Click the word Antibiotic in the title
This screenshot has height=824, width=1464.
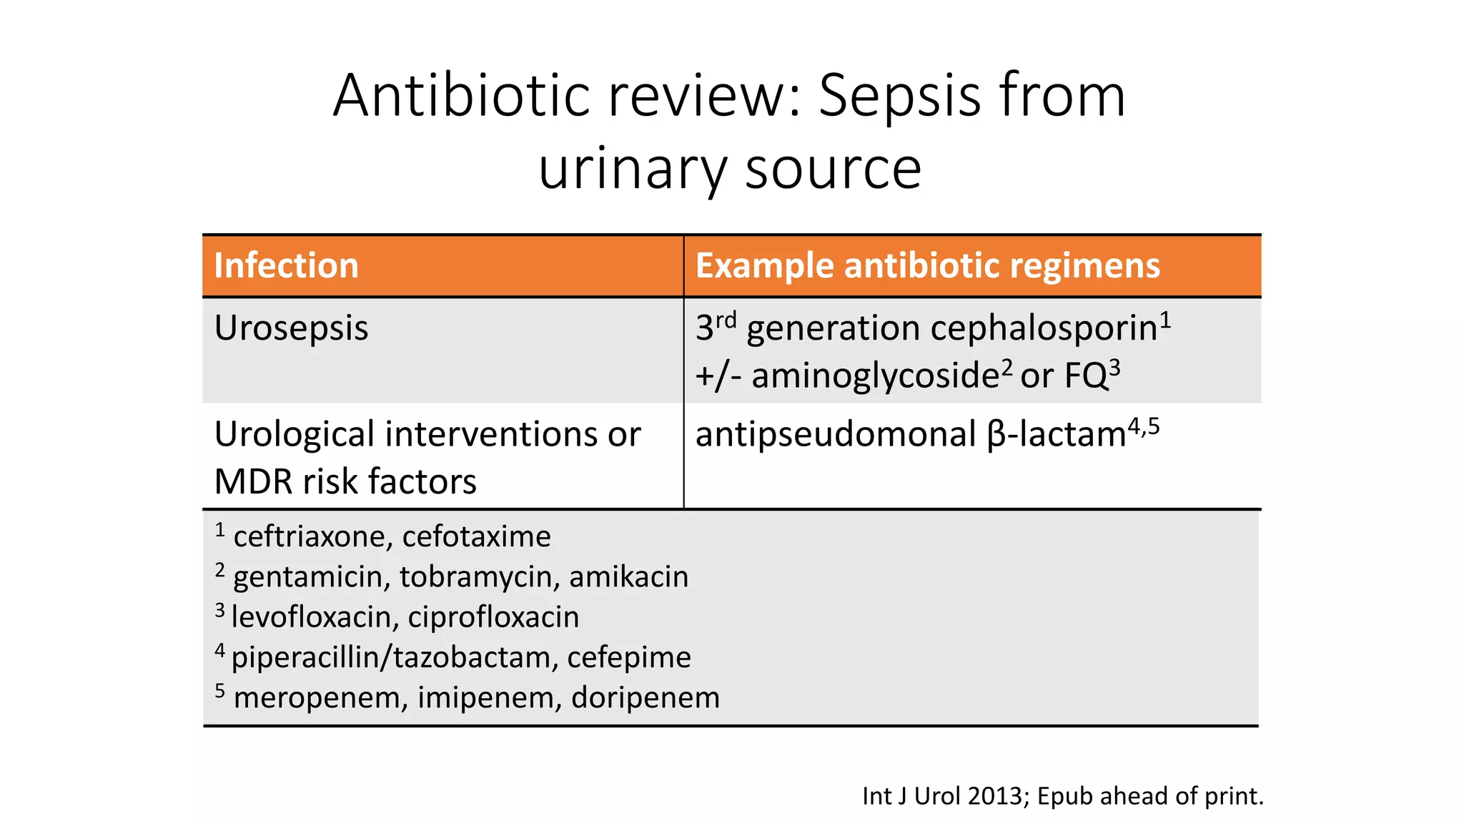(x=462, y=96)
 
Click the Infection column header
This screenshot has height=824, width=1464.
(x=286, y=265)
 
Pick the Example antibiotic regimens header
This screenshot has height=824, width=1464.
(x=927, y=265)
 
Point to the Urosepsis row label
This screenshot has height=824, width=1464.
(x=291, y=328)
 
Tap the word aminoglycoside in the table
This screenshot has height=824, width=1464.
(x=875, y=376)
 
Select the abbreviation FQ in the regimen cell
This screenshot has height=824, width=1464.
(x=1086, y=376)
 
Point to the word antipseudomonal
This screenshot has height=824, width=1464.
(x=835, y=434)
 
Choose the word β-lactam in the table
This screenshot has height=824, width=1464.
(x=1057, y=434)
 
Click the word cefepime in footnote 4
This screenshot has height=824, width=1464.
(x=629, y=657)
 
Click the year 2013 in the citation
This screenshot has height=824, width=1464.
(x=994, y=795)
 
